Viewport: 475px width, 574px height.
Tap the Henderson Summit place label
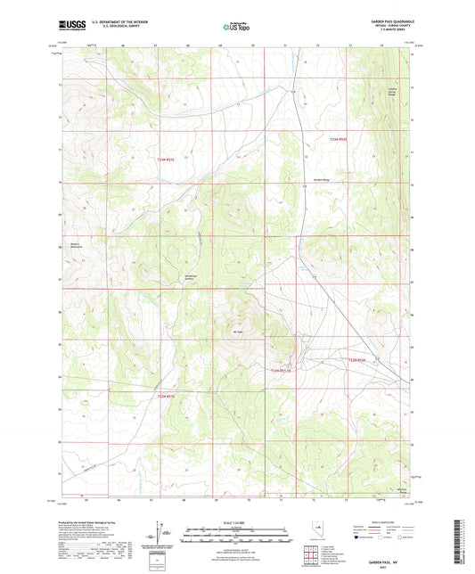(x=190, y=277)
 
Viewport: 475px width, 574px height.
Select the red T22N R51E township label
(x=167, y=396)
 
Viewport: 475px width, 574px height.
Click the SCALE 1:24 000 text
(x=236, y=523)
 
